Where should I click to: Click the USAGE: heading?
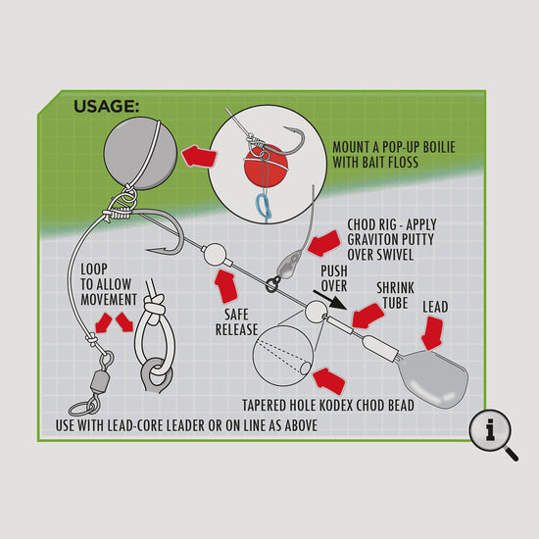tap(107, 105)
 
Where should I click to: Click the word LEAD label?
tap(434, 307)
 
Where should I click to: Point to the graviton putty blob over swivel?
tap(287, 266)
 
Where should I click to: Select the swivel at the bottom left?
tap(95, 378)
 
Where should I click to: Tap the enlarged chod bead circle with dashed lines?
tap(283, 360)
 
